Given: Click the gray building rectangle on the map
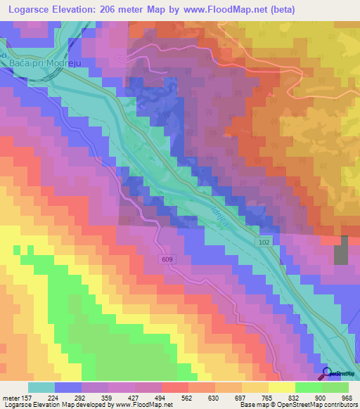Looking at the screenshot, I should [340, 250].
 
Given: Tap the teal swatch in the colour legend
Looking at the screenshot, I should [41, 387].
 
